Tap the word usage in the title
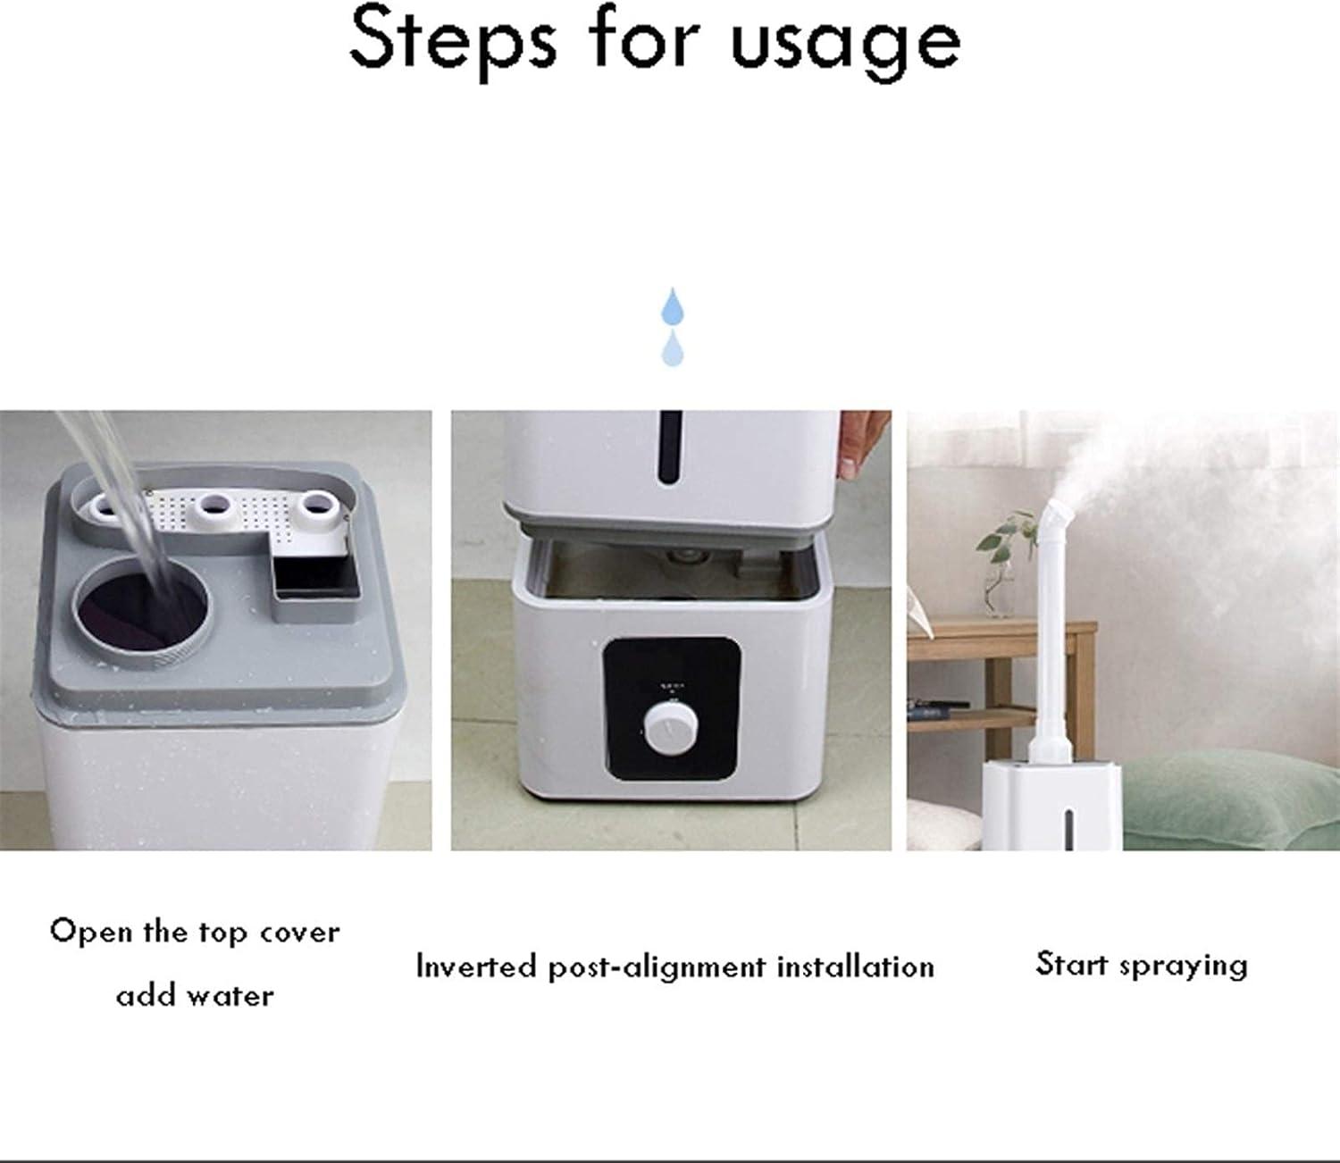[845, 46]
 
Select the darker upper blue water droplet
[672, 306]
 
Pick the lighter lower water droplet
[673, 348]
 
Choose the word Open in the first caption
[91, 933]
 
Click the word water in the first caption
[231, 997]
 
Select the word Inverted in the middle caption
[475, 966]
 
